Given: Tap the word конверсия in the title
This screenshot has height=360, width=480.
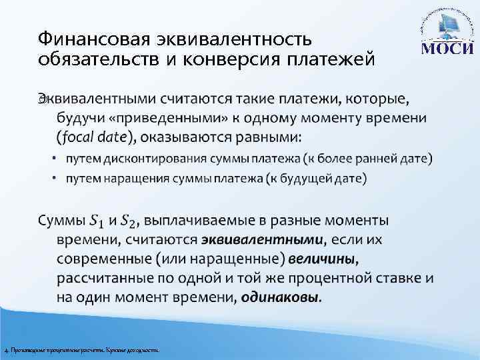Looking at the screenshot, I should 213,59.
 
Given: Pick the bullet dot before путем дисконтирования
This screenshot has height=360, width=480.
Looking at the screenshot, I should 57,159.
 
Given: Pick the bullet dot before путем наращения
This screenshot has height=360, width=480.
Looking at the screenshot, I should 57,178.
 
